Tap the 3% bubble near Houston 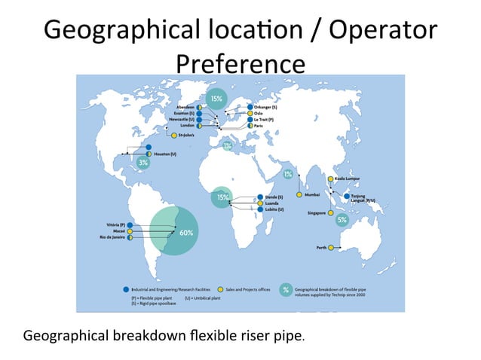tap(142, 162)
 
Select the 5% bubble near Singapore tap(342, 220)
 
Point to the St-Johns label tap(187, 136)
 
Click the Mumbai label tap(313, 195)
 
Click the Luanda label tap(274, 203)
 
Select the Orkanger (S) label tap(266, 107)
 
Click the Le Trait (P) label tap(265, 120)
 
